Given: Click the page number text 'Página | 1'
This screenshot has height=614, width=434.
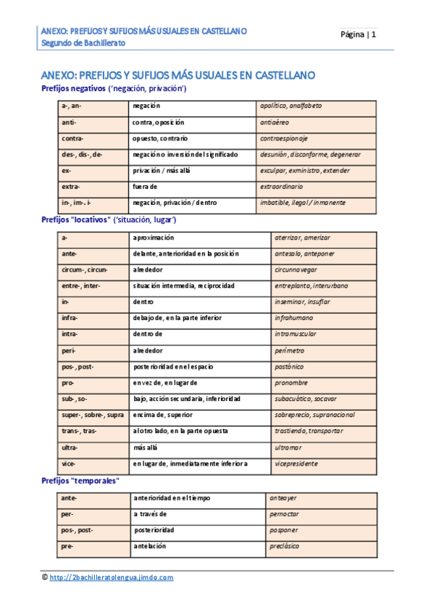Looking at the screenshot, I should [359, 34].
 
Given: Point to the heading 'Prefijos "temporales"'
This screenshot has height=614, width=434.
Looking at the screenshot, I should [80, 480].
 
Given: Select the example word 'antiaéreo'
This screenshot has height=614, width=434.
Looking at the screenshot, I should [275, 122].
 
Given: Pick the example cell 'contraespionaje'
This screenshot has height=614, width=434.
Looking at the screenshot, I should [284, 138].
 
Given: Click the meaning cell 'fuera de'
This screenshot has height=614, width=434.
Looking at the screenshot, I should [145, 186].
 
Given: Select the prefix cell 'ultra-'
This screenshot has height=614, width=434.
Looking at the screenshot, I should [70, 447].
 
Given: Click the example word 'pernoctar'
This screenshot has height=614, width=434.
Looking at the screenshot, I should [284, 514].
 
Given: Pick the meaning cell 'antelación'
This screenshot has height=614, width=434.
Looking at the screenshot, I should [150, 546].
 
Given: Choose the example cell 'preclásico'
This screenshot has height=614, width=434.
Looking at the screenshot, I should [284, 546].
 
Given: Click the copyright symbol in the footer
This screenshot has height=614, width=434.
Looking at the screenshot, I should [45, 577].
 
